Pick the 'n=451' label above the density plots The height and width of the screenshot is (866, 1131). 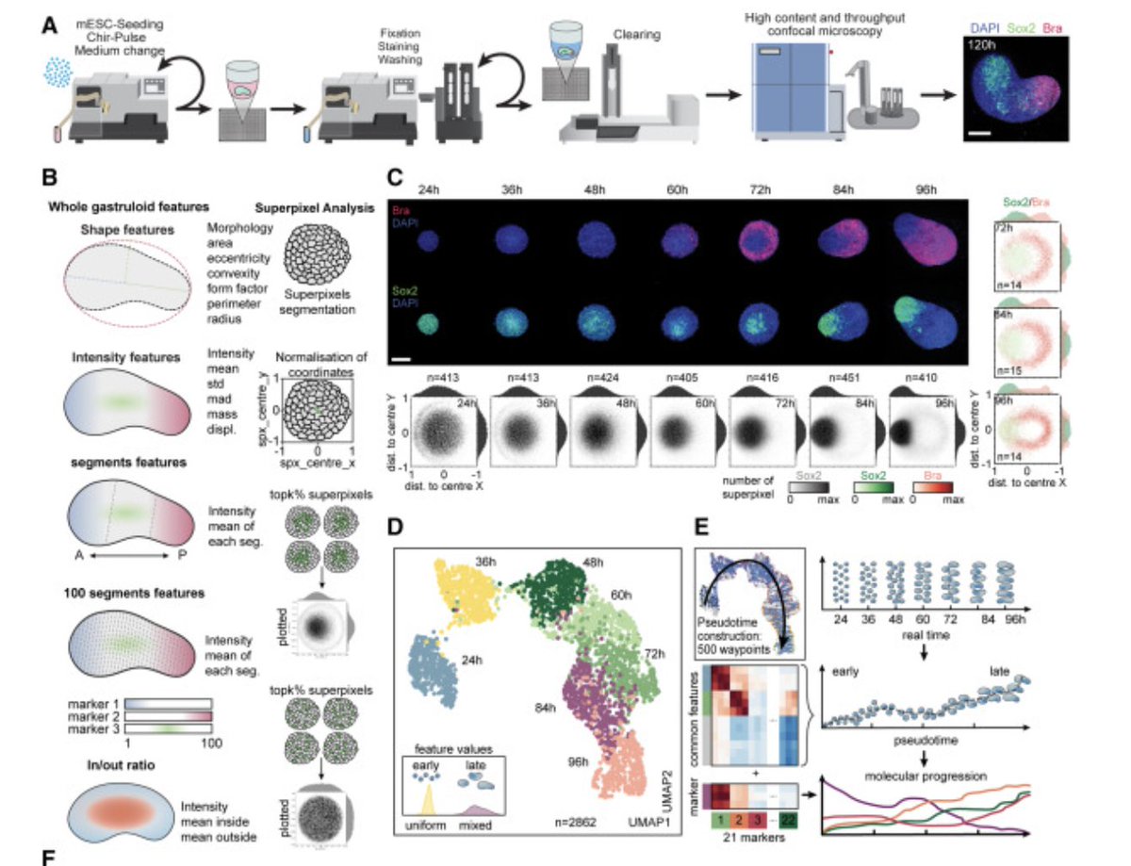tap(828, 384)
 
